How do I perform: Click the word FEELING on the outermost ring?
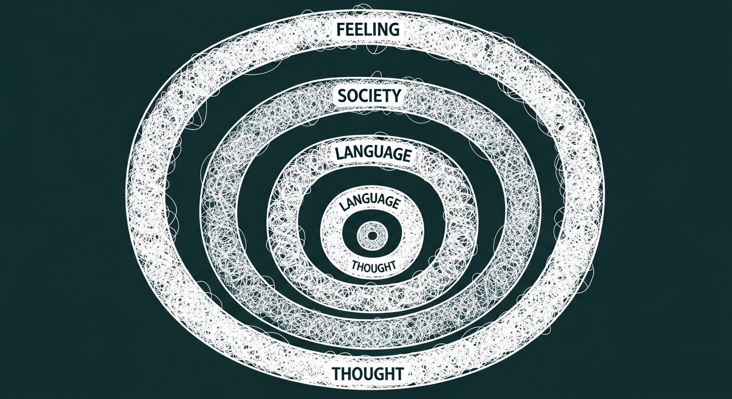pyautogui.click(x=368, y=29)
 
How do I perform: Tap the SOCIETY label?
pyautogui.click(x=369, y=96)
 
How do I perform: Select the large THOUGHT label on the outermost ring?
pyautogui.click(x=368, y=373)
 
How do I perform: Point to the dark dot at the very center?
pyautogui.click(x=372, y=236)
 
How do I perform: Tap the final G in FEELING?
pyautogui.click(x=395, y=29)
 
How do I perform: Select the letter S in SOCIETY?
pyautogui.click(x=342, y=96)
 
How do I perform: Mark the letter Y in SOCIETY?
pyautogui.click(x=396, y=95)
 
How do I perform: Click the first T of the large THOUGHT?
pyautogui.click(x=336, y=373)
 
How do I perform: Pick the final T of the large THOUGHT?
pyautogui.click(x=399, y=373)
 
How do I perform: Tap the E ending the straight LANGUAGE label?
pyautogui.click(x=405, y=154)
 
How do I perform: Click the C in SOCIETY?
pyautogui.click(x=364, y=96)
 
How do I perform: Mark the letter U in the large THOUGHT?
pyautogui.click(x=369, y=373)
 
